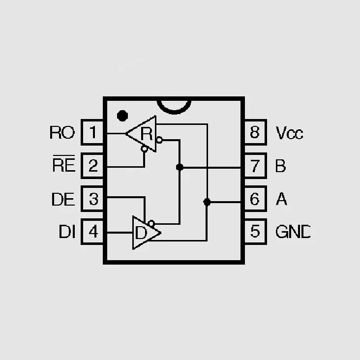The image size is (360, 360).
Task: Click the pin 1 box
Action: (x=92, y=132)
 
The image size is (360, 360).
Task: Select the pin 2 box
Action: (x=92, y=166)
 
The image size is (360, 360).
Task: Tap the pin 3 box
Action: (x=92, y=199)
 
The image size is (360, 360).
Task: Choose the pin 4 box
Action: (x=92, y=232)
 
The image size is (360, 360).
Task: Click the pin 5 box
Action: (x=256, y=232)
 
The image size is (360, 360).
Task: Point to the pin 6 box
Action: (x=256, y=199)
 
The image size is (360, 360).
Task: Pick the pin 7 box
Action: (x=256, y=166)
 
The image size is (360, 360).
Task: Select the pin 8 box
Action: (x=256, y=132)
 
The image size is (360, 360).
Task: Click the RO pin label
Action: (x=62, y=132)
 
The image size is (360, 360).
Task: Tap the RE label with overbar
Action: (x=64, y=164)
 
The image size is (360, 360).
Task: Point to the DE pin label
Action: (x=63, y=199)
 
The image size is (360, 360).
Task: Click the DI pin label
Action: (x=67, y=232)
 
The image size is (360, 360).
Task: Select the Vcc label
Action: (x=289, y=133)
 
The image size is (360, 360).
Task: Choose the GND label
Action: (x=293, y=232)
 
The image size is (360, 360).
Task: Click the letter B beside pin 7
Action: (x=280, y=166)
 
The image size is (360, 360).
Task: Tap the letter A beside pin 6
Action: (x=281, y=199)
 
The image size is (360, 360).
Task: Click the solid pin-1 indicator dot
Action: (x=122, y=116)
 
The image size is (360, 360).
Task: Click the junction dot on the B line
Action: (x=180, y=167)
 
